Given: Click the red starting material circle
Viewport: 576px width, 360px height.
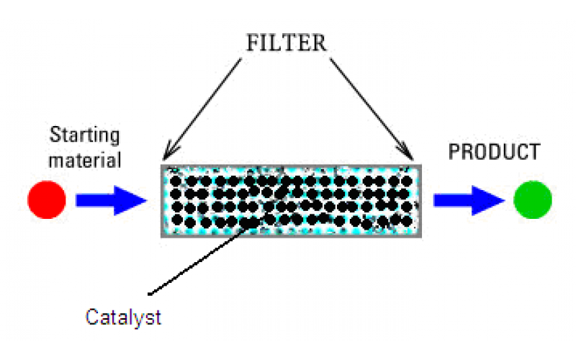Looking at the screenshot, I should [x=47, y=199].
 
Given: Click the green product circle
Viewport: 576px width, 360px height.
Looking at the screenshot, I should [x=533, y=199].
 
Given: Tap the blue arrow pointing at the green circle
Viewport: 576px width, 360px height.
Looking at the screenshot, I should [x=468, y=199].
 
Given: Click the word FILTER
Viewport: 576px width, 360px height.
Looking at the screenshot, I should [x=287, y=42].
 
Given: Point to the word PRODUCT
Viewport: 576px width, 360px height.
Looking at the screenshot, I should [x=493, y=153].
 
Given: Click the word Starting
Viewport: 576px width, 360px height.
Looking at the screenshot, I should [x=84, y=135].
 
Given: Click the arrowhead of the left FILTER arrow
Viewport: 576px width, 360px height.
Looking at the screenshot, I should [x=165, y=158].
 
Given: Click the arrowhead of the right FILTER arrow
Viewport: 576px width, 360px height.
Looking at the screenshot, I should [x=412, y=158].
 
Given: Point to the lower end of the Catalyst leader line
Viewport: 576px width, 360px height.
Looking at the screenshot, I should [x=148, y=292].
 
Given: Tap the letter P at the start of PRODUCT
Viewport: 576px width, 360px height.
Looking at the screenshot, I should [x=454, y=153].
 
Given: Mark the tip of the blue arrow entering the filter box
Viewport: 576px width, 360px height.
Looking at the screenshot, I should [x=146, y=199].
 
